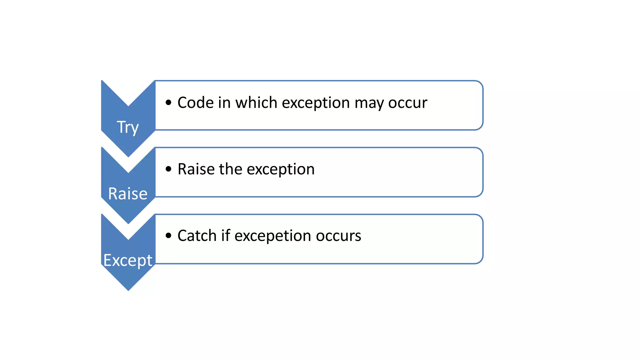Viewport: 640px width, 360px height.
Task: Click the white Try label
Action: [x=127, y=127]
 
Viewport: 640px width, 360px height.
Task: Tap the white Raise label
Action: [x=127, y=194]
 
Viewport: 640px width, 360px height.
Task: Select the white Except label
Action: [x=127, y=260]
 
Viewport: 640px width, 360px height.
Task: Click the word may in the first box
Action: [x=369, y=103]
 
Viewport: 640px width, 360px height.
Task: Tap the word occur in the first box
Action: [x=407, y=103]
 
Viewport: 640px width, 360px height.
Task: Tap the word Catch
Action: [x=197, y=236]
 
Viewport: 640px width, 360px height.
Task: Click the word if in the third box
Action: [x=226, y=236]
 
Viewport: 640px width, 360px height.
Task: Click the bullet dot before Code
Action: [x=168, y=102]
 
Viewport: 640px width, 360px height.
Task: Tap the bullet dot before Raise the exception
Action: [x=168, y=169]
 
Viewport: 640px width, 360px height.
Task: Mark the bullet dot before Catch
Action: [x=168, y=236]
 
